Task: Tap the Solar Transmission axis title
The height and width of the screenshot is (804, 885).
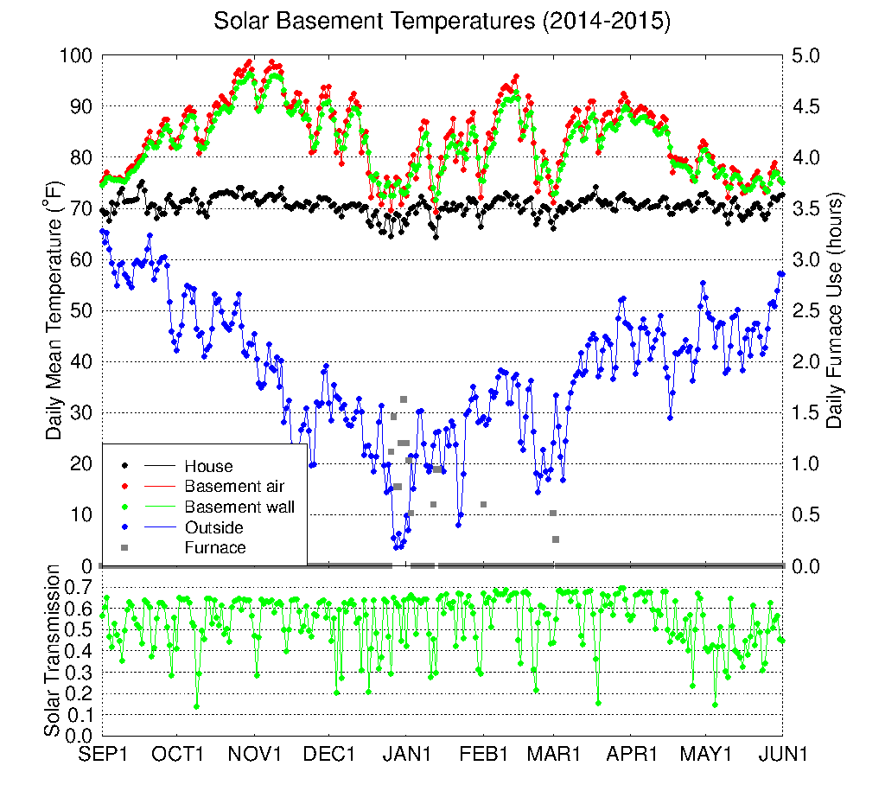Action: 54,651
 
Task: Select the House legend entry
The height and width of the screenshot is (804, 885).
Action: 208,467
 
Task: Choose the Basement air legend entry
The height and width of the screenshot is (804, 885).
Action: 234,487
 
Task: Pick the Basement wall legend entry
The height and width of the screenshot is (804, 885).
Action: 239,507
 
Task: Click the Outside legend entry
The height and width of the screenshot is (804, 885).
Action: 213,527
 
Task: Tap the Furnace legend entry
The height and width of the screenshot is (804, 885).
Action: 215,547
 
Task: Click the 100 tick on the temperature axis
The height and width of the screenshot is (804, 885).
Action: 76,56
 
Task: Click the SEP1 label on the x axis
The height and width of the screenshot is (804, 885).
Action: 103,754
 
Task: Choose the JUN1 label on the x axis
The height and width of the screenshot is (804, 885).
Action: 783,754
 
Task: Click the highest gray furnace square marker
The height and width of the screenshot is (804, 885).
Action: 404,399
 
